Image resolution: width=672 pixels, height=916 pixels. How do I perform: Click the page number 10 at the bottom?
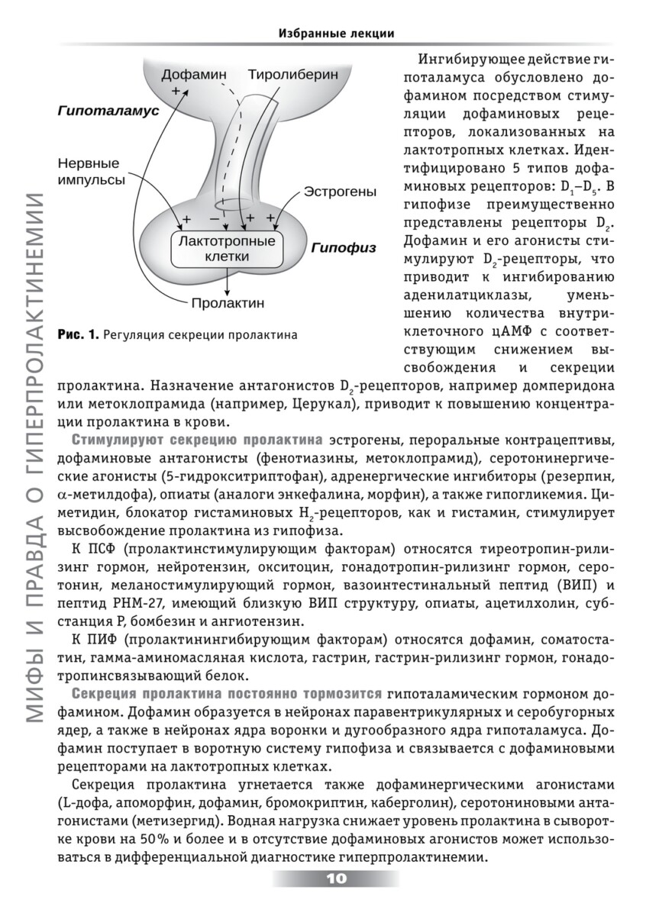336,879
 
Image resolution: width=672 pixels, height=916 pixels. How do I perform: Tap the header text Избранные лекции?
336,33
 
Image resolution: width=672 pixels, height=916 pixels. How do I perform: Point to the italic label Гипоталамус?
108,111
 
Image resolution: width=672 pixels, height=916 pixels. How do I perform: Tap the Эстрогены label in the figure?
340,191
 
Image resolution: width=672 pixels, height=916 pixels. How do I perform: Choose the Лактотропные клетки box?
226,249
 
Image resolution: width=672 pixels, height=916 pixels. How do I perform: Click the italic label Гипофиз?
343,248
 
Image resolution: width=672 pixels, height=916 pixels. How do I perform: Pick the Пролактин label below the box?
228,302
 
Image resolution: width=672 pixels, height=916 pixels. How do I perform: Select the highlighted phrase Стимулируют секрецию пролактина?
197,440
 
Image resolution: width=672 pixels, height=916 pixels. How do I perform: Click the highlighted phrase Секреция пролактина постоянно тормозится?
228,693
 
